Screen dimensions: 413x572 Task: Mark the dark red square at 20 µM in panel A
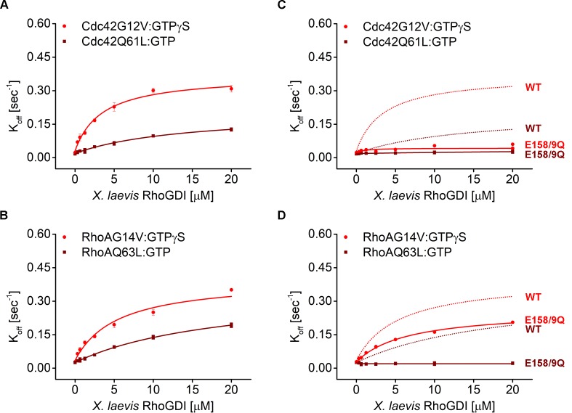point(231,129)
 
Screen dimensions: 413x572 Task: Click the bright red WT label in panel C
point(533,87)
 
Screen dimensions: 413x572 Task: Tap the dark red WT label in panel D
point(533,329)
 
